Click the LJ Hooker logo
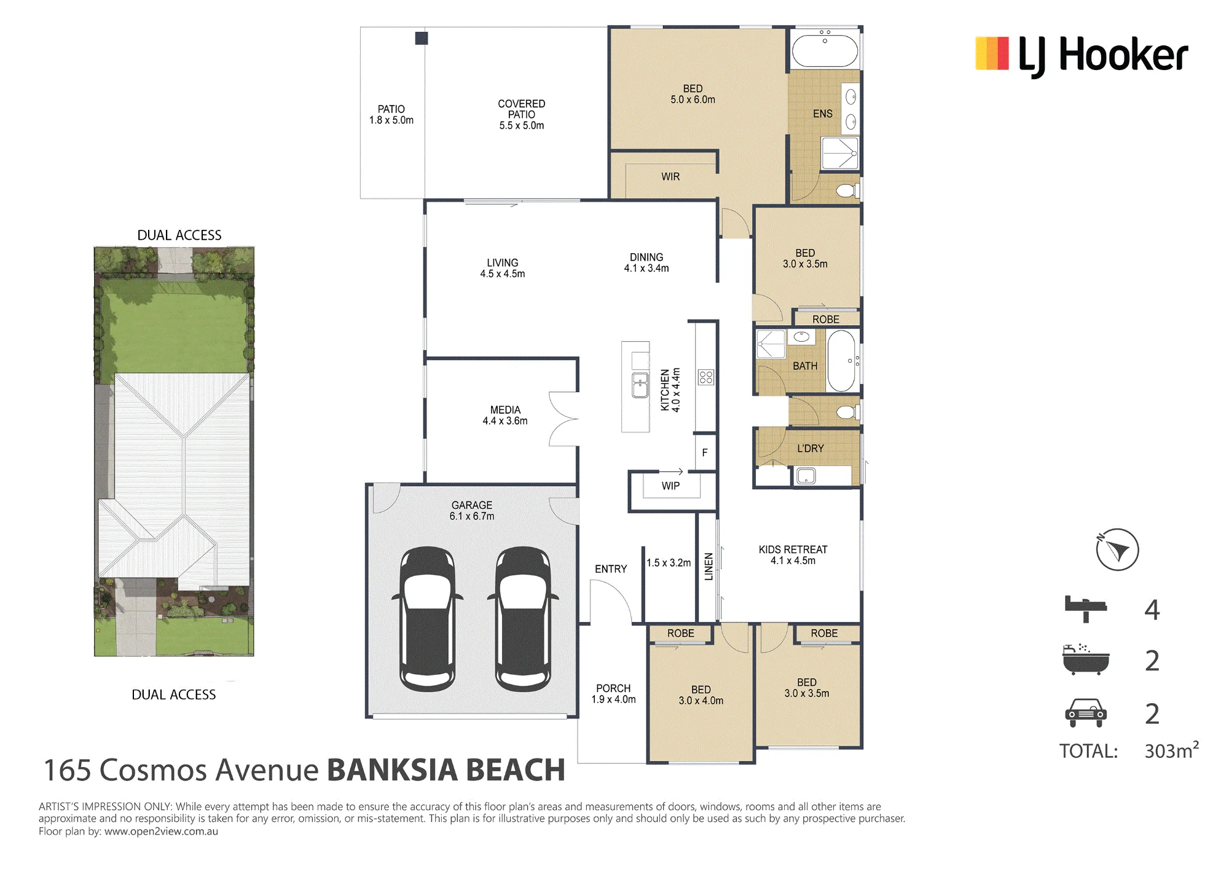pos(1082,55)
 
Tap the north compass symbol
pos(1117,549)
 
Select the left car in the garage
pos(428,619)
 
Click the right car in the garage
pos(523,619)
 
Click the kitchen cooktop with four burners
pos(706,377)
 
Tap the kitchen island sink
pos(640,386)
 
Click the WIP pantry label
pos(670,486)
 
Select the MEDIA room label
pos(505,410)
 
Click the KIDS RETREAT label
pos(793,549)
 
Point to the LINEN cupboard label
pos(709,566)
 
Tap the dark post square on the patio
pos(422,38)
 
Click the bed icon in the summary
pos(1086,608)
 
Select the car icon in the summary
pos(1086,713)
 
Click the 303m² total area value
pos(1171,750)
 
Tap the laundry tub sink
pos(806,476)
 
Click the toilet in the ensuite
pos(848,191)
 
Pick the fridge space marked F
pos(705,452)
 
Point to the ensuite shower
pos(840,153)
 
